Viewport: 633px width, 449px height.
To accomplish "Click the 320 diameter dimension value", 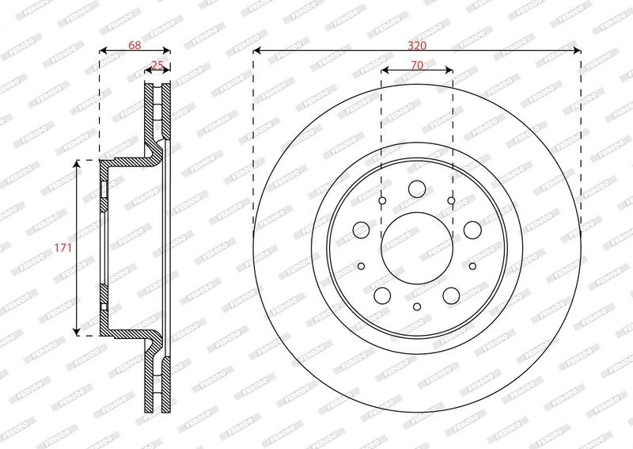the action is [x=417, y=46].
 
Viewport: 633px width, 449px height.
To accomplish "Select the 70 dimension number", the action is [x=417, y=65].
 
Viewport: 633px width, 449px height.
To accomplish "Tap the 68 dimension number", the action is [x=135, y=45].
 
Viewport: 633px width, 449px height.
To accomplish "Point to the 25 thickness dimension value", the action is [x=157, y=65].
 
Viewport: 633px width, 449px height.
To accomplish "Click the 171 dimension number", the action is [x=63, y=247].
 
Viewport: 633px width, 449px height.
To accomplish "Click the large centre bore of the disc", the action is [x=417, y=248].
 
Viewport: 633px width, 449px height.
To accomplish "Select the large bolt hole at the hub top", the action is [x=417, y=188].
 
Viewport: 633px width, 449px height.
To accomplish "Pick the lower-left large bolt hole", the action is [x=382, y=295].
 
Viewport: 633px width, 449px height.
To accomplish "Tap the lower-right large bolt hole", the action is [x=451, y=295].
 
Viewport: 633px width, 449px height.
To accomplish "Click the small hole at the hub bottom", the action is [x=417, y=306].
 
